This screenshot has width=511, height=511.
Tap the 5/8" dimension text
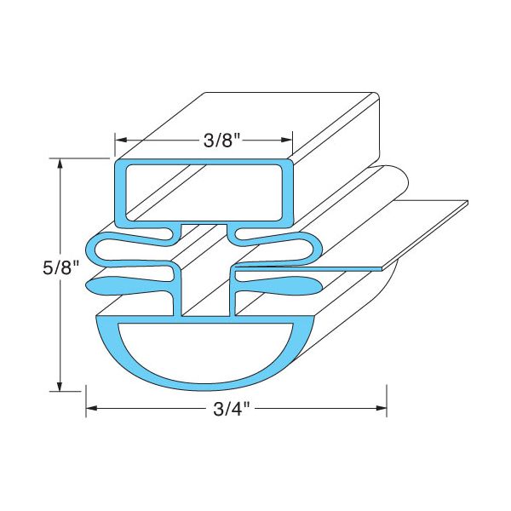coord(60,272)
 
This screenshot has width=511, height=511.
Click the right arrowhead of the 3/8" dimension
coord(288,141)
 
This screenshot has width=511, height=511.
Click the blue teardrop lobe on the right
coord(285,281)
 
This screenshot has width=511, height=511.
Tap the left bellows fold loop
coord(119,250)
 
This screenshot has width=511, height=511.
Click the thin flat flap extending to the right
coord(409,230)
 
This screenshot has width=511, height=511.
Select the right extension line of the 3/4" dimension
coord(388,400)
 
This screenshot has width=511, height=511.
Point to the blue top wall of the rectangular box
coord(204,162)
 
